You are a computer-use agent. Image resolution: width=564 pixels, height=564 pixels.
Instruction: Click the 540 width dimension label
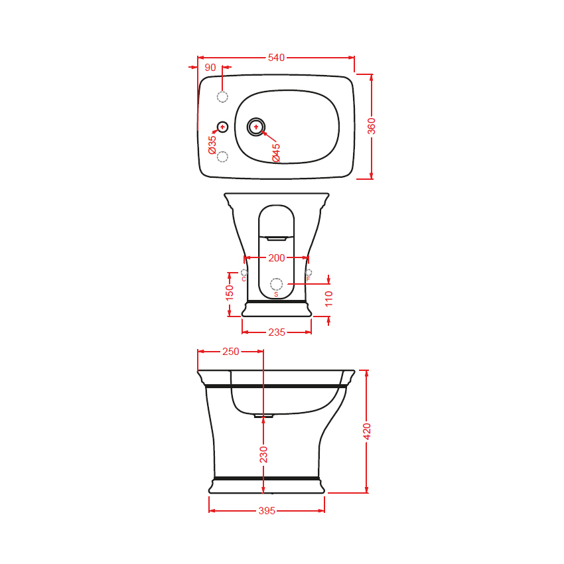pyautogui.click(x=276, y=58)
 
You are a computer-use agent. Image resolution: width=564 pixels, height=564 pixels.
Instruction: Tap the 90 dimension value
pyautogui.click(x=210, y=67)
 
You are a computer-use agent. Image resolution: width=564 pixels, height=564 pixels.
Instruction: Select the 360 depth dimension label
pyautogui.click(x=371, y=126)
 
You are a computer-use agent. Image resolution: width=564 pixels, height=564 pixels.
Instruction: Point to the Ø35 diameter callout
pyautogui.click(x=212, y=145)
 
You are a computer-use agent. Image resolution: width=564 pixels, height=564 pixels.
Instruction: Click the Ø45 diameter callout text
pyautogui.click(x=276, y=153)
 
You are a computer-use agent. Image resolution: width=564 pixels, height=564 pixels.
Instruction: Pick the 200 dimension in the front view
pyautogui.click(x=277, y=258)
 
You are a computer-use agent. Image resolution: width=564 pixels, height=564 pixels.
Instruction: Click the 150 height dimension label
pyautogui.click(x=229, y=293)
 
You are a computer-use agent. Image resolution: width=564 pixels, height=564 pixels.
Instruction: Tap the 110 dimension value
pyautogui.click(x=328, y=299)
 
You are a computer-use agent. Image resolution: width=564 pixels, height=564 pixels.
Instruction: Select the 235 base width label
pyautogui.click(x=277, y=332)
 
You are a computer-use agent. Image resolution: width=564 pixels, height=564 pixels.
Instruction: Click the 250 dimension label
pyautogui.click(x=230, y=352)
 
